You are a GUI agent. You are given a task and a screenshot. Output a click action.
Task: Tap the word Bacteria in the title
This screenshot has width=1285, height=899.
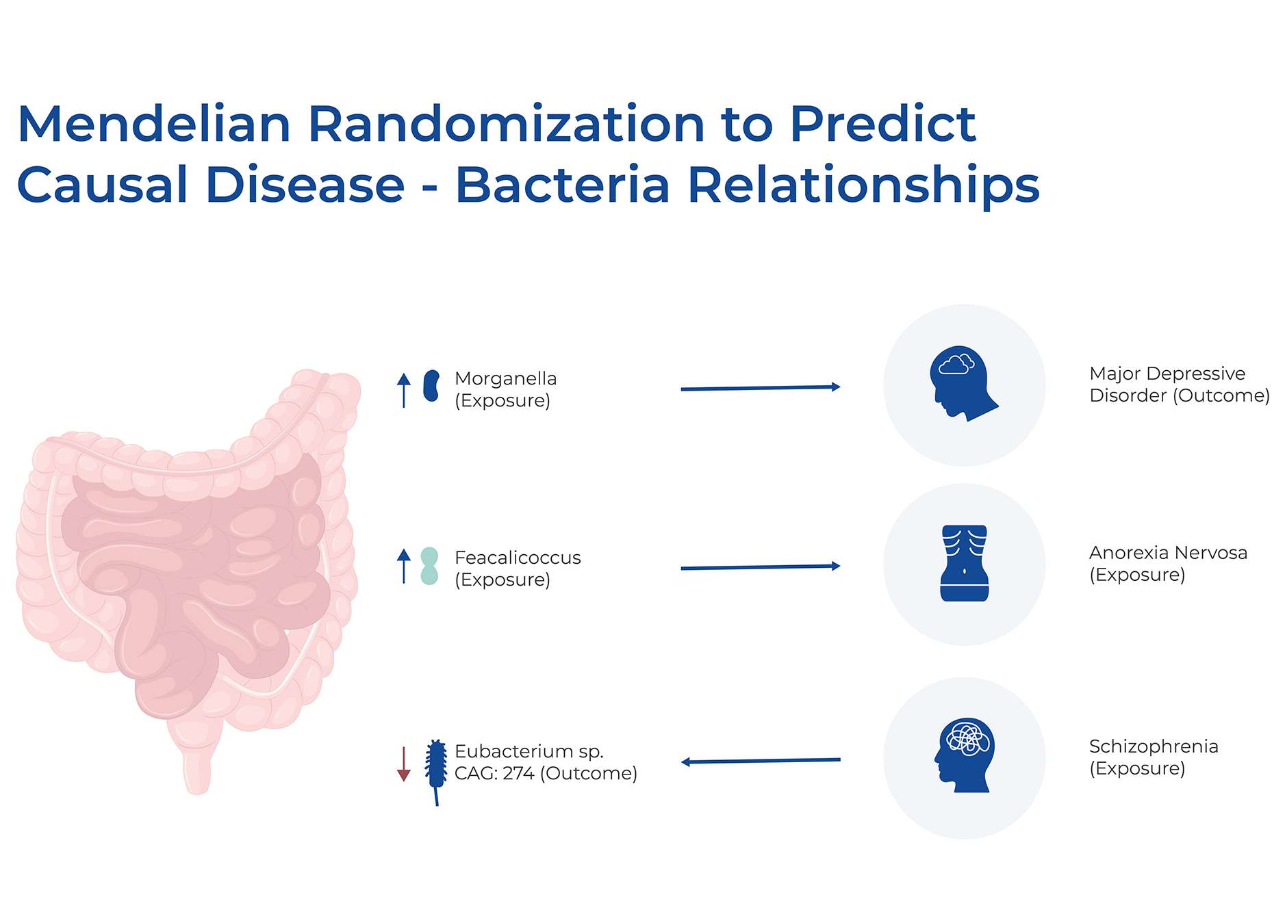tap(562, 185)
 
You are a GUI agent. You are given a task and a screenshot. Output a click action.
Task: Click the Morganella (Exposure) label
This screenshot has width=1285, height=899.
tap(505, 389)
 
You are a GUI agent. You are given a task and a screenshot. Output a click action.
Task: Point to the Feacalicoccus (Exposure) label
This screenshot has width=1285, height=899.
tap(518, 569)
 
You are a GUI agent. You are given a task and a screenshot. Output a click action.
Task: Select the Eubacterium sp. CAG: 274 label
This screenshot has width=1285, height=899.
tap(546, 762)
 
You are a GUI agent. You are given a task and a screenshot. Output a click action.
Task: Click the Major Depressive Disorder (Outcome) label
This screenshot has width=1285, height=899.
tap(1180, 385)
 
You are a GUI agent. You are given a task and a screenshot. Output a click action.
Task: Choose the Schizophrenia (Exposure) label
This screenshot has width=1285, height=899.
tap(1154, 757)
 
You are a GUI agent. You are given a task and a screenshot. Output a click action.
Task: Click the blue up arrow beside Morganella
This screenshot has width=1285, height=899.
tap(404, 390)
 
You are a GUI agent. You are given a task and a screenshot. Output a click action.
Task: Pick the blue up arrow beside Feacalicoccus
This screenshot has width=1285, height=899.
tap(404, 566)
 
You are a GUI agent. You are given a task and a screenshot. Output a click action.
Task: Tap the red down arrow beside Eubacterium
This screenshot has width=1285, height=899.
tap(404, 764)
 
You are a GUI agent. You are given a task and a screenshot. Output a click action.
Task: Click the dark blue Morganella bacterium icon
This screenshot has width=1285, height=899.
tap(431, 386)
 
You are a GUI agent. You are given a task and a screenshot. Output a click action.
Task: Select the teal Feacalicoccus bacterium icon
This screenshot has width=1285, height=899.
tap(429, 566)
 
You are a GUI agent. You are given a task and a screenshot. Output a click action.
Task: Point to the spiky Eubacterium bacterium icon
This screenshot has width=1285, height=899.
tap(435, 772)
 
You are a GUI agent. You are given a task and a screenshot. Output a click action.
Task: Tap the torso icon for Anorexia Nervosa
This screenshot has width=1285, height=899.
tap(965, 563)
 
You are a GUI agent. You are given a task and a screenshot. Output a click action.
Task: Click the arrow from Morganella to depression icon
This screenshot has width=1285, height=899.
tap(761, 388)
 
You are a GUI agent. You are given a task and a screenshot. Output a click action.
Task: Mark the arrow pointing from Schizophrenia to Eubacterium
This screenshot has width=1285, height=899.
tap(761, 761)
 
